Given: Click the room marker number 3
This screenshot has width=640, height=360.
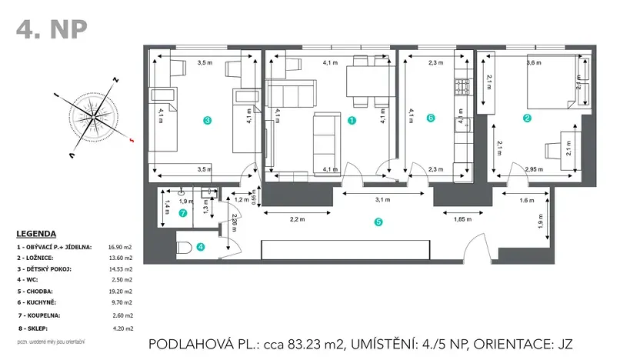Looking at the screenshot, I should pyautogui.click(x=207, y=120).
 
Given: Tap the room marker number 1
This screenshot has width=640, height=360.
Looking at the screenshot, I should pyautogui.click(x=352, y=120).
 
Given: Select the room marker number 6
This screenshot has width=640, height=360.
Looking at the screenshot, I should pyautogui.click(x=431, y=118).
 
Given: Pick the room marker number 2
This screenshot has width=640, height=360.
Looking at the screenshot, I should pyautogui.click(x=527, y=118).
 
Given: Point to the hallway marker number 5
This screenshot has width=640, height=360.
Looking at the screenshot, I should pyautogui.click(x=378, y=222).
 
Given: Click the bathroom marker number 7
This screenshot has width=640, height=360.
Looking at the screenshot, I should pyautogui.click(x=182, y=213).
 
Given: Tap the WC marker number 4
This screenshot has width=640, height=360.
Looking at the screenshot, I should pyautogui.click(x=200, y=247).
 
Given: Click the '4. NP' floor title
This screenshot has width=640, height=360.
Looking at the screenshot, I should pyautogui.click(x=52, y=29).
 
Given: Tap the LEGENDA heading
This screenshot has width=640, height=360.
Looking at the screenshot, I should pyautogui.click(x=36, y=234).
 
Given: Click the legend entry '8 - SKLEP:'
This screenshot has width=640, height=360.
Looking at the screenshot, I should pyautogui.click(x=36, y=328).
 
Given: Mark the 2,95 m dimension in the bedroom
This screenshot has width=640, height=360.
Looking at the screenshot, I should pyautogui.click(x=533, y=168).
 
